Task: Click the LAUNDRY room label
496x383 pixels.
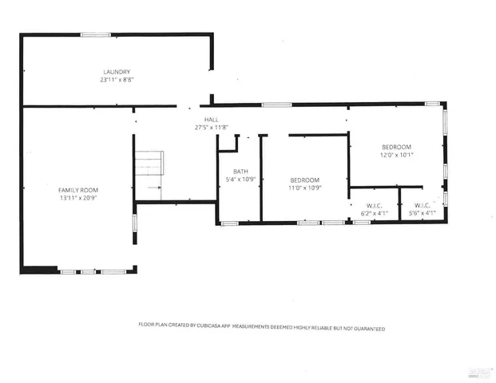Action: (x=116, y=72)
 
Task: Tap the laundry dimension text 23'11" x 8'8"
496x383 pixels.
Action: (x=116, y=80)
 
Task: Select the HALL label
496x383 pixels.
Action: (x=211, y=119)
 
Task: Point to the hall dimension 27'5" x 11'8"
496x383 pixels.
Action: (x=211, y=127)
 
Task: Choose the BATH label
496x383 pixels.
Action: (x=240, y=172)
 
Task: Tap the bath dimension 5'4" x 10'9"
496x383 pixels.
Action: (x=240, y=180)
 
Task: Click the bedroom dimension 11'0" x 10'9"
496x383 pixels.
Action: (x=304, y=188)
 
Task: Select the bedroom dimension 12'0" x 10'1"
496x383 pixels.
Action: (x=396, y=155)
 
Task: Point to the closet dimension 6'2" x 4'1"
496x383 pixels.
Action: (x=374, y=213)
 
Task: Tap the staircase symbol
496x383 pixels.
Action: (x=148, y=165)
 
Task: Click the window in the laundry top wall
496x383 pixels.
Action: (x=95, y=34)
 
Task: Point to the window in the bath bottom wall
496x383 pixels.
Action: (x=229, y=223)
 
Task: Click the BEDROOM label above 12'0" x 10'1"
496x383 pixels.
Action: (x=396, y=147)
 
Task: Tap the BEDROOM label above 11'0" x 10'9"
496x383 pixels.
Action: (x=304, y=180)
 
